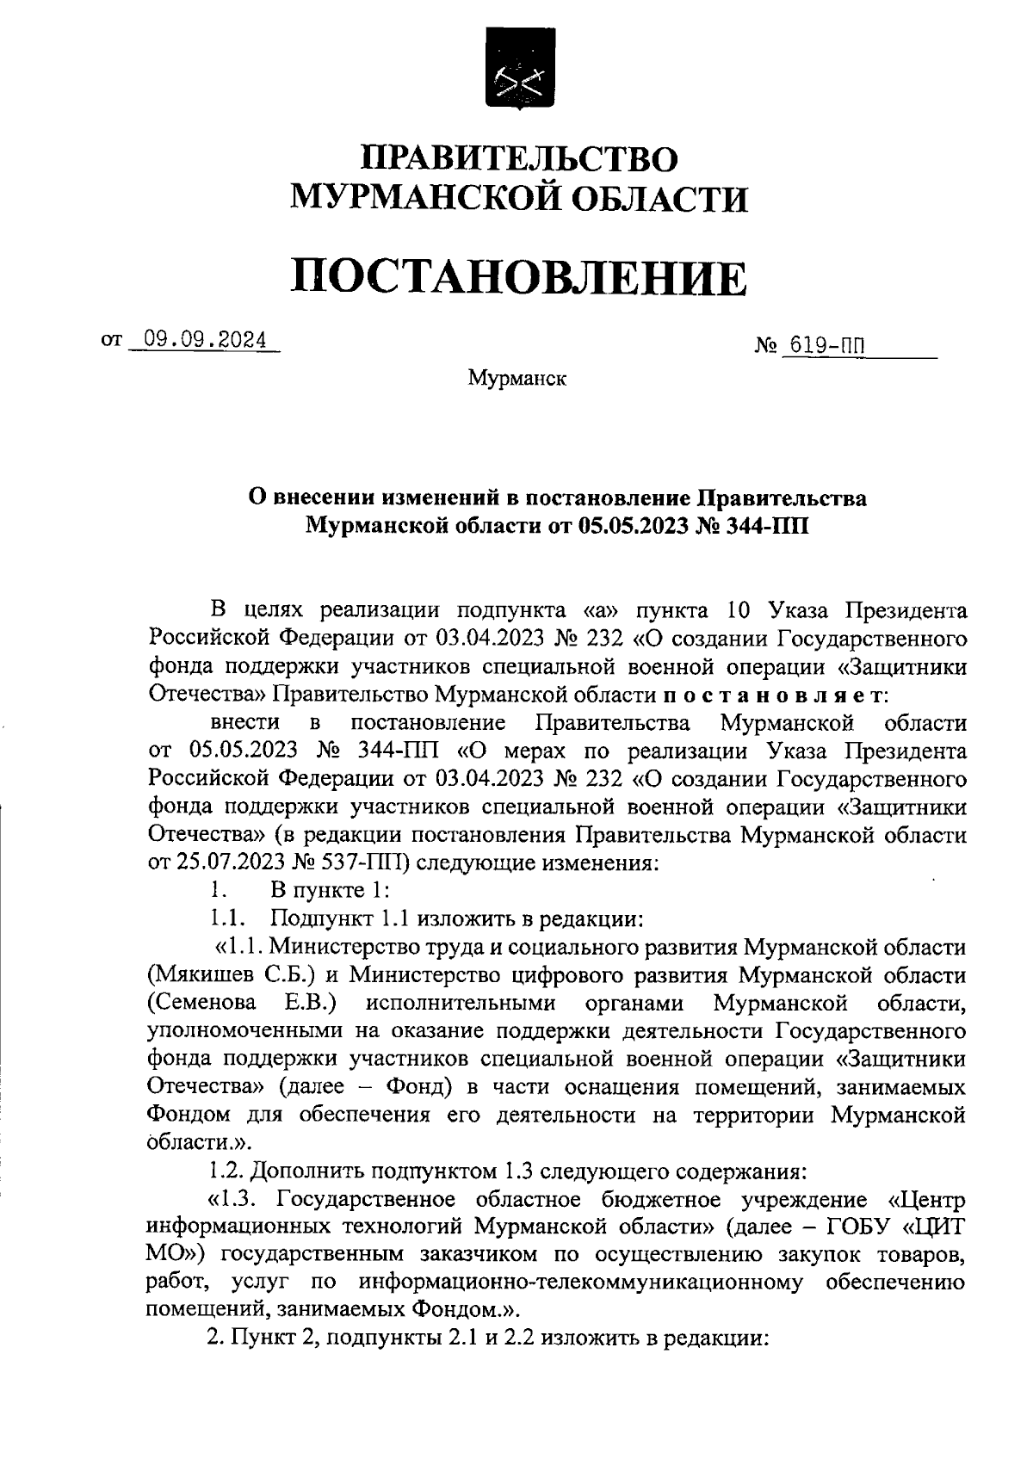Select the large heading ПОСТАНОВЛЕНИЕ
[517, 277]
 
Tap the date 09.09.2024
[205, 341]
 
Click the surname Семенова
[201, 1003]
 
